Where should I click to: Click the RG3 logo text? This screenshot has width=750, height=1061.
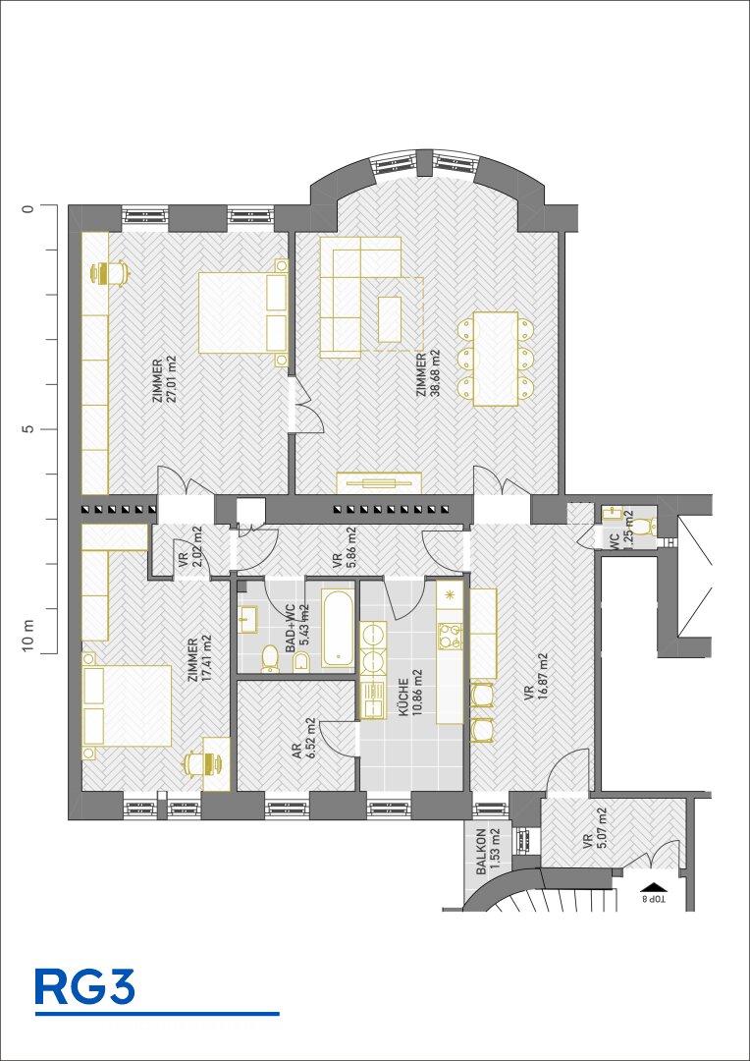84,987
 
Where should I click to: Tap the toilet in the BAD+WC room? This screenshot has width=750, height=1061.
271,657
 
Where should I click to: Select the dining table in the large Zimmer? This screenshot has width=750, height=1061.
496,359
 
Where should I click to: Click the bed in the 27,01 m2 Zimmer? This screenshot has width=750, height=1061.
243,312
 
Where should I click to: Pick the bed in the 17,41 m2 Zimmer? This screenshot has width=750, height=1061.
127,705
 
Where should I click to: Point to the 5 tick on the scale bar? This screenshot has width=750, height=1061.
47,429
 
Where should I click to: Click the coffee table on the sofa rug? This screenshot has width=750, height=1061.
390,319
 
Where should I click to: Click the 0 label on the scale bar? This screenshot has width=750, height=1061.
27,207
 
